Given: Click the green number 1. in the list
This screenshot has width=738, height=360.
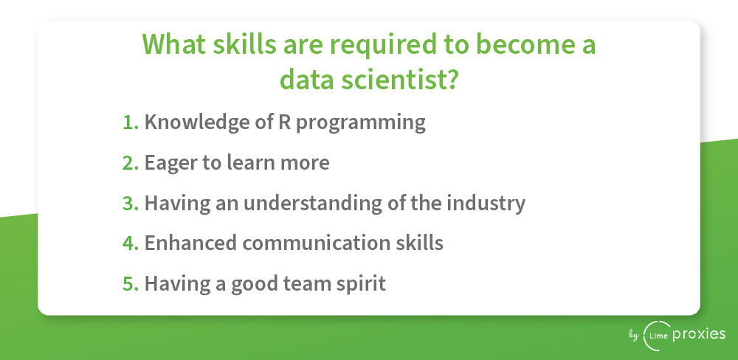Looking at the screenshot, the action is click(x=131, y=122).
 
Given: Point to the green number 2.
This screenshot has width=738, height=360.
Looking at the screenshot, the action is click(x=131, y=162).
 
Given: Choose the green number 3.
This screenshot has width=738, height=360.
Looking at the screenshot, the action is click(x=131, y=203).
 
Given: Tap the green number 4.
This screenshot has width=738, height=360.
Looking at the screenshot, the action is click(x=131, y=243).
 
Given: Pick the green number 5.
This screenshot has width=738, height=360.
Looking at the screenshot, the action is click(x=131, y=283).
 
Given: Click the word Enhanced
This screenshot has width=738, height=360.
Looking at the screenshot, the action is click(x=190, y=243).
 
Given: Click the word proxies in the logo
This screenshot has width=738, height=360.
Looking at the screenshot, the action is click(x=699, y=335).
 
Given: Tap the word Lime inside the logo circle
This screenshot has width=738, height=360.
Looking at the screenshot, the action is click(x=658, y=336).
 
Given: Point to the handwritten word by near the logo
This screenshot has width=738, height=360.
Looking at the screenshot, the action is click(x=634, y=336).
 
